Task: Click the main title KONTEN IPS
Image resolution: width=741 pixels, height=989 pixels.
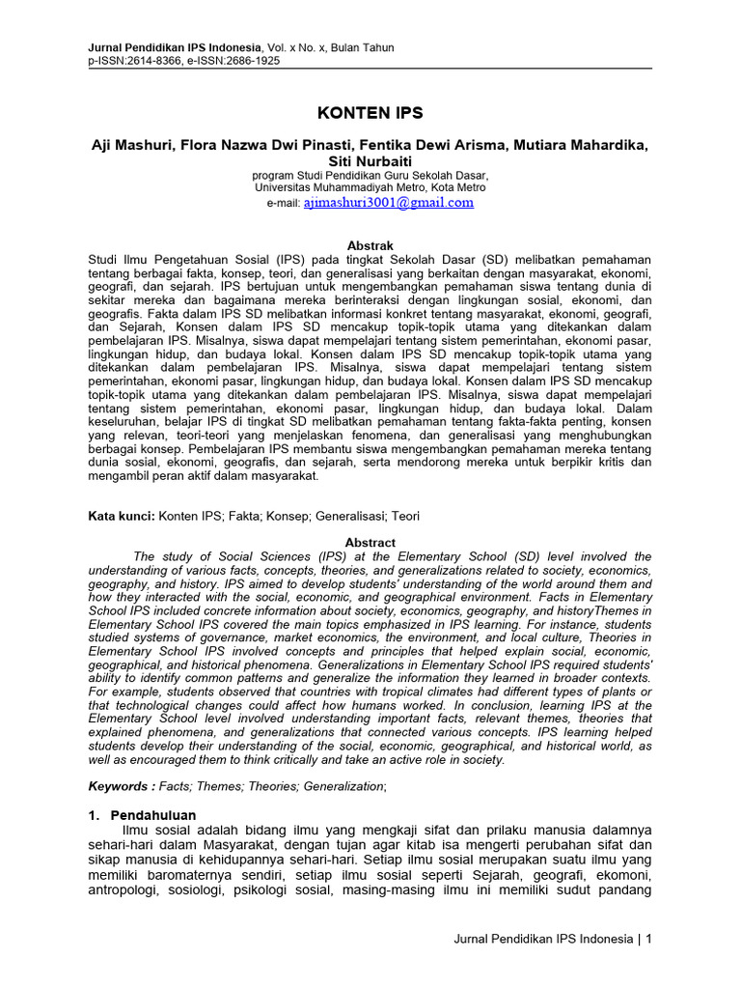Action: coord(370,112)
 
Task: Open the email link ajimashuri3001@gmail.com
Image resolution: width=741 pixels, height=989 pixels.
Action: coord(388,203)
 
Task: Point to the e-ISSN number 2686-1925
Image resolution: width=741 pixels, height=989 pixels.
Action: coord(254,60)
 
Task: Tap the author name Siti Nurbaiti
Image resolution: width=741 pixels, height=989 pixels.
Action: coord(370,159)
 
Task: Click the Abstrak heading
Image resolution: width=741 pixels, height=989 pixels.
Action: coord(370,246)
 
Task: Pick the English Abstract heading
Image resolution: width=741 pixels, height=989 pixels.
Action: coord(370,543)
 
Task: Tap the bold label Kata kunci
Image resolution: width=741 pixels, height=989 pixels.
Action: coord(122,517)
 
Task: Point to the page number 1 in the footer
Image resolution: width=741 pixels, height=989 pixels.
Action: coord(648,939)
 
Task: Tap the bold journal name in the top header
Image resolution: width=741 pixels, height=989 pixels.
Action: coord(175,47)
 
